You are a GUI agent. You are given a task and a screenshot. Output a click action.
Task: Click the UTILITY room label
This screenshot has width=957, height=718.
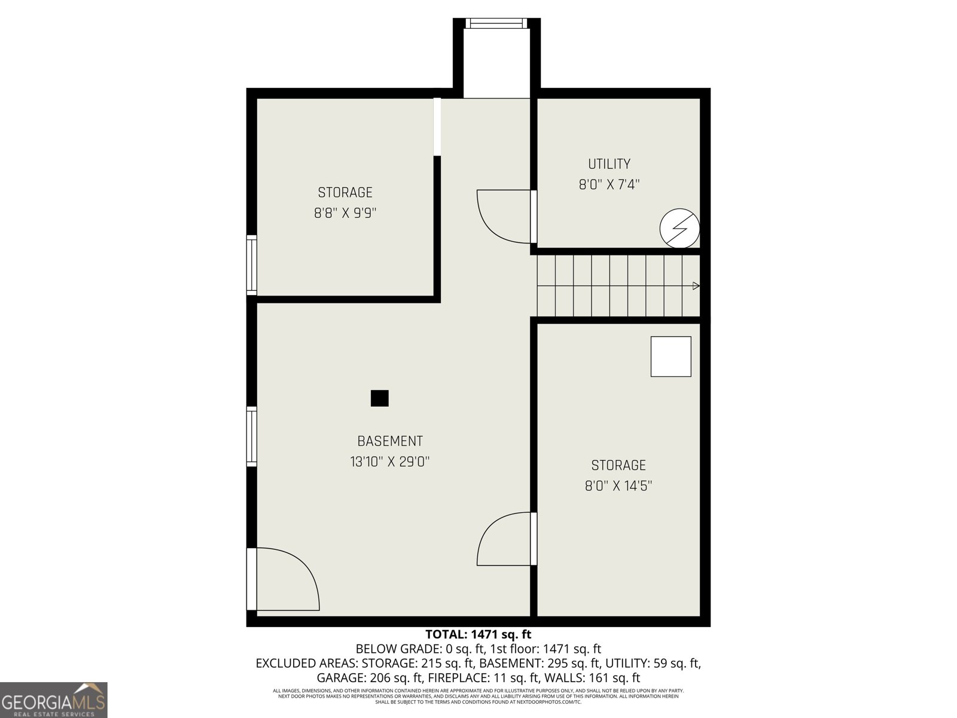pyautogui.click(x=609, y=164)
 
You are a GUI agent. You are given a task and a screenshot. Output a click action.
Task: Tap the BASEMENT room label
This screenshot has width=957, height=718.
pyautogui.click(x=390, y=442)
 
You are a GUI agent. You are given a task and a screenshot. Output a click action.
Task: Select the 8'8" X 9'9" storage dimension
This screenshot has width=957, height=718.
pyautogui.click(x=345, y=213)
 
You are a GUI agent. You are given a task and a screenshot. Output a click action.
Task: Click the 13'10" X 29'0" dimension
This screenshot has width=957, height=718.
pyautogui.click(x=390, y=462)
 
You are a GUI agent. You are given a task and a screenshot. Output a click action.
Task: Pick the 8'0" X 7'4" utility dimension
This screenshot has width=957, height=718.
pyautogui.click(x=609, y=184)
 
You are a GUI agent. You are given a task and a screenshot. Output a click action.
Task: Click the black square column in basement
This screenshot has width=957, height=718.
pyautogui.click(x=380, y=398)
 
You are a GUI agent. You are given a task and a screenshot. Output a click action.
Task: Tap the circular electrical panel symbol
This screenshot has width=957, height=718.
pyautogui.click(x=679, y=228)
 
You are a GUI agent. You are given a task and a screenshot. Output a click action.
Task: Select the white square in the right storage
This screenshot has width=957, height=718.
pyautogui.click(x=670, y=357)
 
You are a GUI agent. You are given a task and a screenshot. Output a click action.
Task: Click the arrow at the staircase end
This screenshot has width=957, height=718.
pyautogui.click(x=696, y=286)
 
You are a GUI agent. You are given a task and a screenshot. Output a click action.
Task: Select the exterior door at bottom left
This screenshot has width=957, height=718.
pyautogui.click(x=281, y=579)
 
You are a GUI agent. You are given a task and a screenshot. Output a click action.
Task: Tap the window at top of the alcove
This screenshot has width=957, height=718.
pyautogui.click(x=496, y=23)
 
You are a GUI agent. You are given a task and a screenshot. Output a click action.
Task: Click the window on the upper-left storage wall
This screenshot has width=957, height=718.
pyautogui.click(x=252, y=264)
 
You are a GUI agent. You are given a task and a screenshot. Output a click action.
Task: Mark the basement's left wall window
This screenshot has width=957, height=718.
pyautogui.click(x=252, y=436)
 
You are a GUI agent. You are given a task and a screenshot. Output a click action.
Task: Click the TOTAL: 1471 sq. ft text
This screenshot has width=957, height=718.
pyautogui.click(x=478, y=634)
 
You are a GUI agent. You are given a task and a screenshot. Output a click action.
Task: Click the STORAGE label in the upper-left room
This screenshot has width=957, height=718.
pyautogui.click(x=345, y=193)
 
